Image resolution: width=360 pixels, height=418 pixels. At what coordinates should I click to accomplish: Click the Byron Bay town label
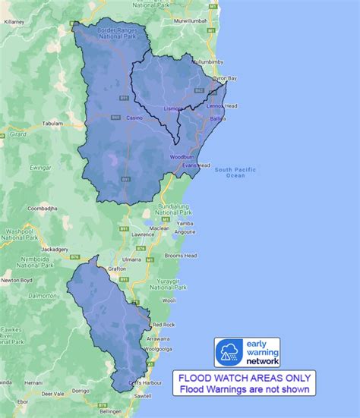[x=224, y=78]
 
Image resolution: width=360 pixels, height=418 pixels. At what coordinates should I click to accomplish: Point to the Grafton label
[x=117, y=269]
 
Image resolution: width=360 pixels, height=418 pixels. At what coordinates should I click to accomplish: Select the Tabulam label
[x=52, y=122]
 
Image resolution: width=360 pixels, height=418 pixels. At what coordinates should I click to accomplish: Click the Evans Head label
[x=196, y=165]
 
